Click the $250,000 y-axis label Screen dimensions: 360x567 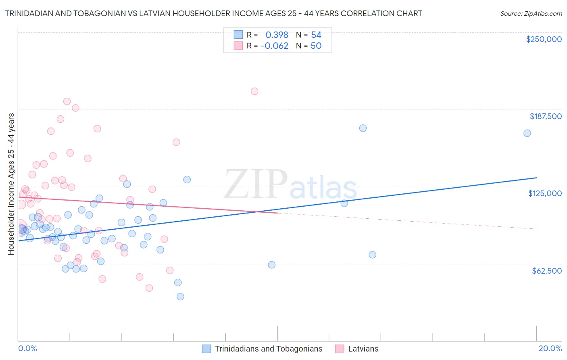click(x=544, y=39)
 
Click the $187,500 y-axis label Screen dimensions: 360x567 click(x=545, y=116)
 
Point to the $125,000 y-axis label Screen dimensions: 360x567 click(x=545, y=193)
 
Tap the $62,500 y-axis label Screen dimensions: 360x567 click(x=546, y=271)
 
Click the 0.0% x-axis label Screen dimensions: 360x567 click(x=27, y=348)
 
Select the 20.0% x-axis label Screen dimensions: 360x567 click(x=550, y=348)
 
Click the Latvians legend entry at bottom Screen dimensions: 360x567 click(x=363, y=349)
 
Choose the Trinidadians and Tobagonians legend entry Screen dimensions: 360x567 click(x=268, y=349)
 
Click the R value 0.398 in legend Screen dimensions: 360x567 click(x=277, y=35)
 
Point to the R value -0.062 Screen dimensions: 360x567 click(x=275, y=46)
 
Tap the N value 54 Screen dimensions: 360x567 click(x=316, y=35)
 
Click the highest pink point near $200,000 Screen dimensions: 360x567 click(x=254, y=91)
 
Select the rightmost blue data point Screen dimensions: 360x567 click(x=527, y=133)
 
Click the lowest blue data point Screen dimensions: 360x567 click(x=180, y=297)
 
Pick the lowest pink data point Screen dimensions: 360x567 click(x=149, y=288)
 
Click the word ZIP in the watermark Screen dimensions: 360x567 click(x=255, y=184)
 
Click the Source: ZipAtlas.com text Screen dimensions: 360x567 click(x=531, y=14)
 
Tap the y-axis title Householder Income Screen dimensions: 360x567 click(x=11, y=184)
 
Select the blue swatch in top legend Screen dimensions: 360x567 click(x=238, y=35)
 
